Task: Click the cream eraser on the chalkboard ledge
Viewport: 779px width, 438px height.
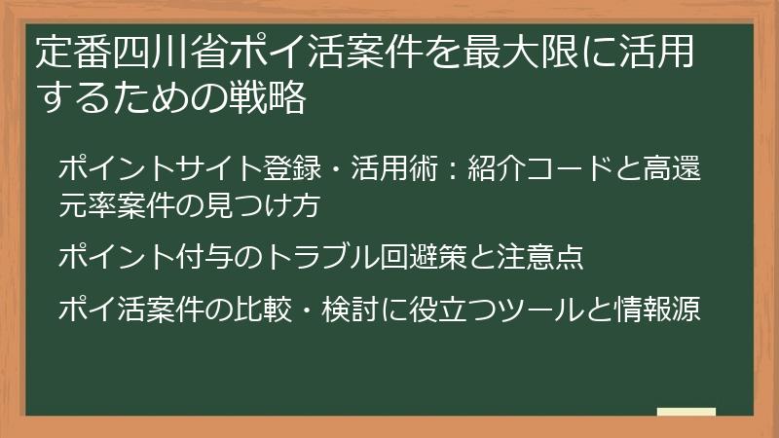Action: tap(686, 411)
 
